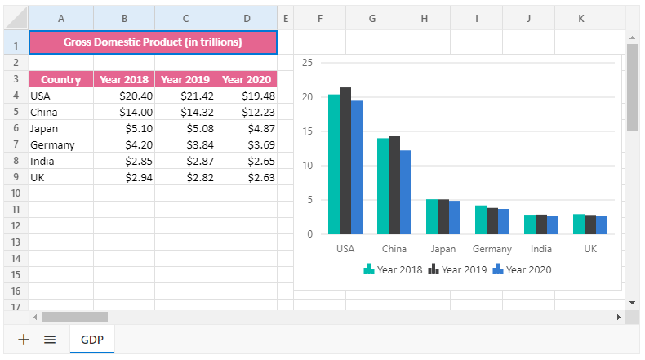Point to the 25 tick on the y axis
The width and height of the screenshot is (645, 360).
tap(307, 63)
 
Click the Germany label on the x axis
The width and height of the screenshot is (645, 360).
tap(492, 249)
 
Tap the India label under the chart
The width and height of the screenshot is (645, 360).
tap(541, 249)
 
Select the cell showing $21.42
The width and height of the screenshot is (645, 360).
tap(185, 96)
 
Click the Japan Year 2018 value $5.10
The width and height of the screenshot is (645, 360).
tap(124, 128)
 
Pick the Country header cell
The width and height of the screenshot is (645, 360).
tap(60, 79)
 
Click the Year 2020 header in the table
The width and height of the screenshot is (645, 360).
tap(246, 79)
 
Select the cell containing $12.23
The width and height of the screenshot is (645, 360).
tap(246, 112)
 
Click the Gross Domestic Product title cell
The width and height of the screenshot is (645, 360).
tap(153, 42)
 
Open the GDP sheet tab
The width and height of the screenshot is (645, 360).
tap(92, 340)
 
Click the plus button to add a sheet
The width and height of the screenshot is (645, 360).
tap(24, 340)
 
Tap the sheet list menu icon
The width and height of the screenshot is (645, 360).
tap(50, 340)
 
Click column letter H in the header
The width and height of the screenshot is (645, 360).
tap(425, 17)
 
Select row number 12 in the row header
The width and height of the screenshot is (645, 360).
tap(16, 225)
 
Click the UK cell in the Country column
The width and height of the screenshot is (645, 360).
tap(60, 177)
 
